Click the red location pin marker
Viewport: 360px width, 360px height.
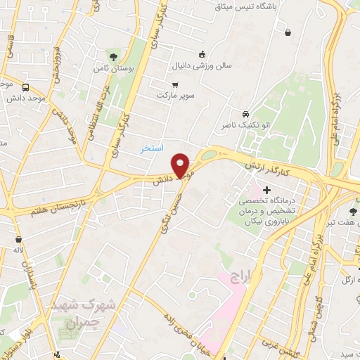coord(181,165)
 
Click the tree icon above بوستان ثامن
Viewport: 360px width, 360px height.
coord(114,56)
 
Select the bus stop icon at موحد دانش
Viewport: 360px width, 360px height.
coord(26,88)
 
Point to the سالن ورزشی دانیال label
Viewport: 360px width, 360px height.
coord(202,67)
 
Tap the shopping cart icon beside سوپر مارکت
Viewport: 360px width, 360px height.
coord(165,82)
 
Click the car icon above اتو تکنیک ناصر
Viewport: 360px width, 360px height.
coord(245,114)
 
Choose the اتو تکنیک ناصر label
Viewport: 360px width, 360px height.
coord(245,125)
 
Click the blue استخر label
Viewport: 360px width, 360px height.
coord(151,148)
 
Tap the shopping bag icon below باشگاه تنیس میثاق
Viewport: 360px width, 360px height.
coord(288,32)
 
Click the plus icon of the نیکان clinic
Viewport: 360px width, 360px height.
coord(266,189)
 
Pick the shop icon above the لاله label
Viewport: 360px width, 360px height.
coord(17,239)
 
